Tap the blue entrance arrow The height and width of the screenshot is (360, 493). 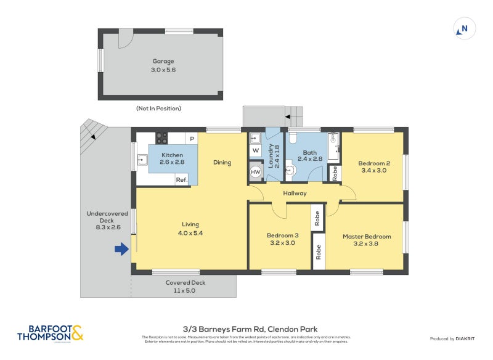pyautogui.click(x=121, y=249)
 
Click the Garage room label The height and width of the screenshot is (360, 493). pyautogui.click(x=163, y=62)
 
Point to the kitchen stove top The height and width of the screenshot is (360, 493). pyautogui.click(x=161, y=138)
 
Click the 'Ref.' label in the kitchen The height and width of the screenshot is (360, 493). pyautogui.click(x=182, y=180)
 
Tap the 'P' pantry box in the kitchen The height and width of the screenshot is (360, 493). pyautogui.click(x=192, y=139)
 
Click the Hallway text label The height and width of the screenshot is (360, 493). pyautogui.click(x=295, y=194)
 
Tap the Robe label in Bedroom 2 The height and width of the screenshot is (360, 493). pyautogui.click(x=335, y=173)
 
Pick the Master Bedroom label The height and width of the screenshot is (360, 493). pyautogui.click(x=367, y=237)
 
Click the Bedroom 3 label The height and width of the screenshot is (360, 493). pyautogui.click(x=282, y=235)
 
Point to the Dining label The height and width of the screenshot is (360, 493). pyautogui.click(x=222, y=163)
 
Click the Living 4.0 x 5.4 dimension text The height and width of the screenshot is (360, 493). pyautogui.click(x=190, y=233)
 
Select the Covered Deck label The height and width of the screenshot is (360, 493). pyautogui.click(x=185, y=283)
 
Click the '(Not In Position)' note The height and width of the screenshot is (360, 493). pyautogui.click(x=158, y=108)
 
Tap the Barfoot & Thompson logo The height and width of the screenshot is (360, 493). pyautogui.click(x=50, y=333)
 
